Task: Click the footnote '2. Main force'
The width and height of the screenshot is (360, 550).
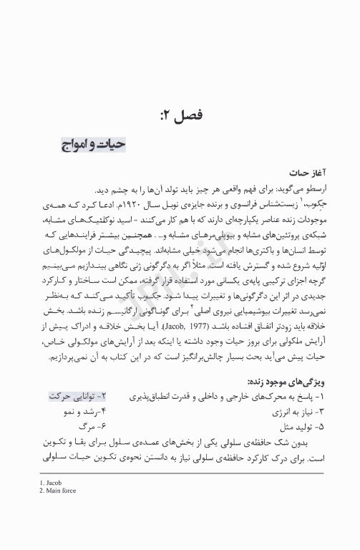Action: (x=58, y=491)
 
